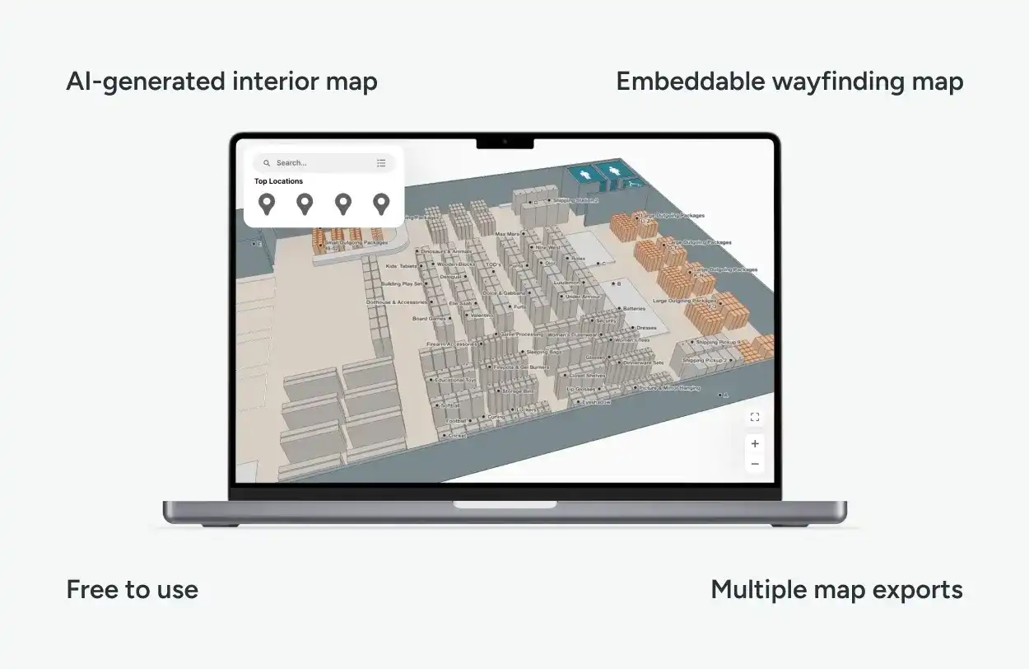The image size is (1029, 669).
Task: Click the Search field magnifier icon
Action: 267,163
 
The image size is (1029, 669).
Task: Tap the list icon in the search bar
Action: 381,163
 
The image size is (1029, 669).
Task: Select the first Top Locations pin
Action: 266,204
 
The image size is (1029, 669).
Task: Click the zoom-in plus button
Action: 755,443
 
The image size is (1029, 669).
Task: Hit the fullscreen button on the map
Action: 755,418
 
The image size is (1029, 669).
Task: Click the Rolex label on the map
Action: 577,259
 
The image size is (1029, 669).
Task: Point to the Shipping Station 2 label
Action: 575,200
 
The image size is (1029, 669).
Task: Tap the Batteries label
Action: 633,309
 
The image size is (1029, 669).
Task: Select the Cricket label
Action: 456,435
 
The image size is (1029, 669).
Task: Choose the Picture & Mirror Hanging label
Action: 668,387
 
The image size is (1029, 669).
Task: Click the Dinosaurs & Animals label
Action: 445,251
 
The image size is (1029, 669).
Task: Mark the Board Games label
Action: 429,318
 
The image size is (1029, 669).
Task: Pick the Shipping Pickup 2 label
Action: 704,360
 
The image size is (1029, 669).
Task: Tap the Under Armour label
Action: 584,297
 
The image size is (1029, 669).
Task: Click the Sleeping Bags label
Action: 543,352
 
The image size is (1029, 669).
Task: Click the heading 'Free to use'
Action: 132,590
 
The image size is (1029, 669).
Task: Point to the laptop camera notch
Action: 505,142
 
